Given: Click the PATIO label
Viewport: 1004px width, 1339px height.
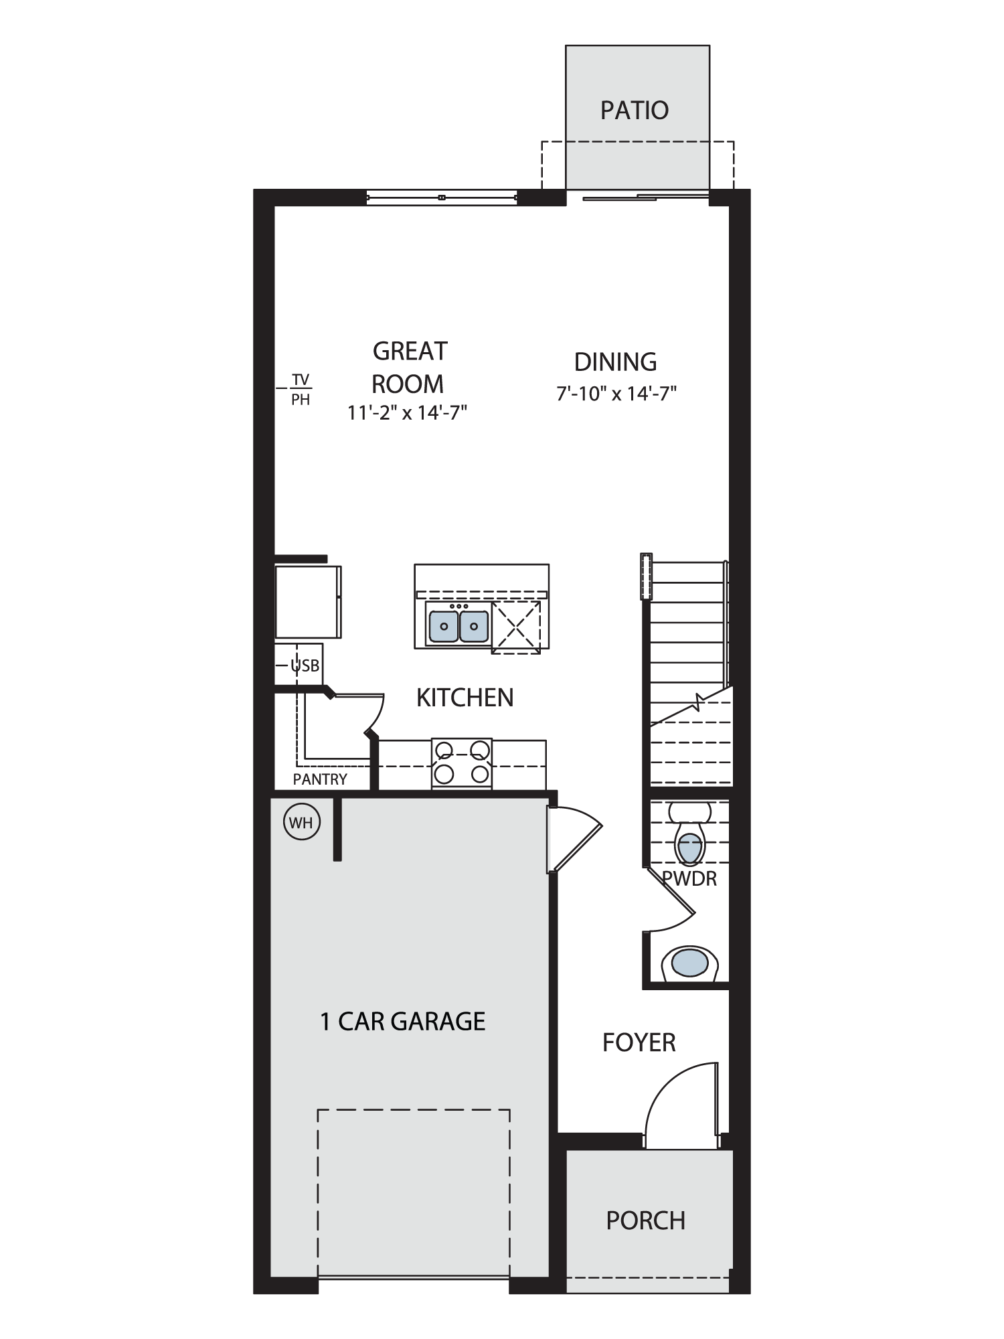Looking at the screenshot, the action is click(x=635, y=110).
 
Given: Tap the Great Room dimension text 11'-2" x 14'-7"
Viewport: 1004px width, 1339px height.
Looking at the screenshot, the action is click(x=407, y=412).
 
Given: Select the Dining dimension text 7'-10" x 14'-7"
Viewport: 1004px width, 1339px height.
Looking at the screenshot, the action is click(x=616, y=393).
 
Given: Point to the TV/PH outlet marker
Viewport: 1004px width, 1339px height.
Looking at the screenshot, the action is click(x=301, y=390).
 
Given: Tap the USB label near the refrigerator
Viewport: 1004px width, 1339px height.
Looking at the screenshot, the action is click(x=305, y=666).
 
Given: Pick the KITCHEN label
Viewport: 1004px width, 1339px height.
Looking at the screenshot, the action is click(x=465, y=698).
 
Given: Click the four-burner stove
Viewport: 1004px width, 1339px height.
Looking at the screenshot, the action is click(x=462, y=762).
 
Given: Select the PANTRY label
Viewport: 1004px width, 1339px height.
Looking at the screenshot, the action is click(x=320, y=779).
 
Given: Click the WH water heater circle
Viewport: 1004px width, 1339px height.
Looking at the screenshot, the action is click(x=301, y=823).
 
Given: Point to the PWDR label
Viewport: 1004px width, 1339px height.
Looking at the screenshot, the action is click(x=689, y=878).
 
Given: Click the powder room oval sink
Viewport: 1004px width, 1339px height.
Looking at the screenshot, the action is click(x=690, y=963).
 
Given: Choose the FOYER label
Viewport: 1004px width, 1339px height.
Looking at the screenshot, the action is click(x=639, y=1042).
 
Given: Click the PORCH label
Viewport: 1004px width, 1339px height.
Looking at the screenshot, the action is click(x=646, y=1220).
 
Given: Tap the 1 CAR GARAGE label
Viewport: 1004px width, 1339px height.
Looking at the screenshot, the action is click(x=403, y=1021).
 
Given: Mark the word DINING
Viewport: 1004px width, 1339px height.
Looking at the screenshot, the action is click(x=616, y=362).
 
